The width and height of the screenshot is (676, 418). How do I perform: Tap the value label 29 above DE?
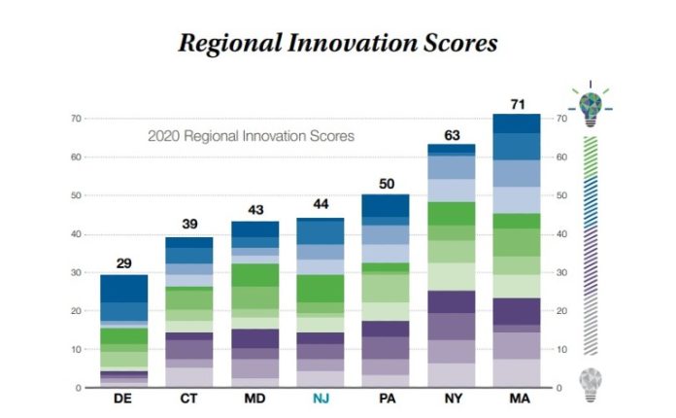[x=124, y=264]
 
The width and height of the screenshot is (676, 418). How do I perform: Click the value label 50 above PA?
[x=385, y=184]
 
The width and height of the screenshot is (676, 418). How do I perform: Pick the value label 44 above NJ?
[x=320, y=206]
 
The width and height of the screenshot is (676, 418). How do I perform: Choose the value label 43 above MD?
[x=254, y=210]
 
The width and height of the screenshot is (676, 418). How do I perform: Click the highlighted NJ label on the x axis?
[x=320, y=399]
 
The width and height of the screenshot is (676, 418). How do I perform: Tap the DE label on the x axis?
[x=124, y=399]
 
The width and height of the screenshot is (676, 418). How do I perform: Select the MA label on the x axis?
[x=516, y=399]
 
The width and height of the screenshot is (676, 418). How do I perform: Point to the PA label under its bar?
[x=385, y=399]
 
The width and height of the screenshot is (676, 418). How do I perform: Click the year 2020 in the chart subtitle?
[x=163, y=137]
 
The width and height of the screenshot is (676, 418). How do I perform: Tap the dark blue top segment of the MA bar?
[x=516, y=123]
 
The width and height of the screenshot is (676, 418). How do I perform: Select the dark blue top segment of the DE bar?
[x=124, y=289]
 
